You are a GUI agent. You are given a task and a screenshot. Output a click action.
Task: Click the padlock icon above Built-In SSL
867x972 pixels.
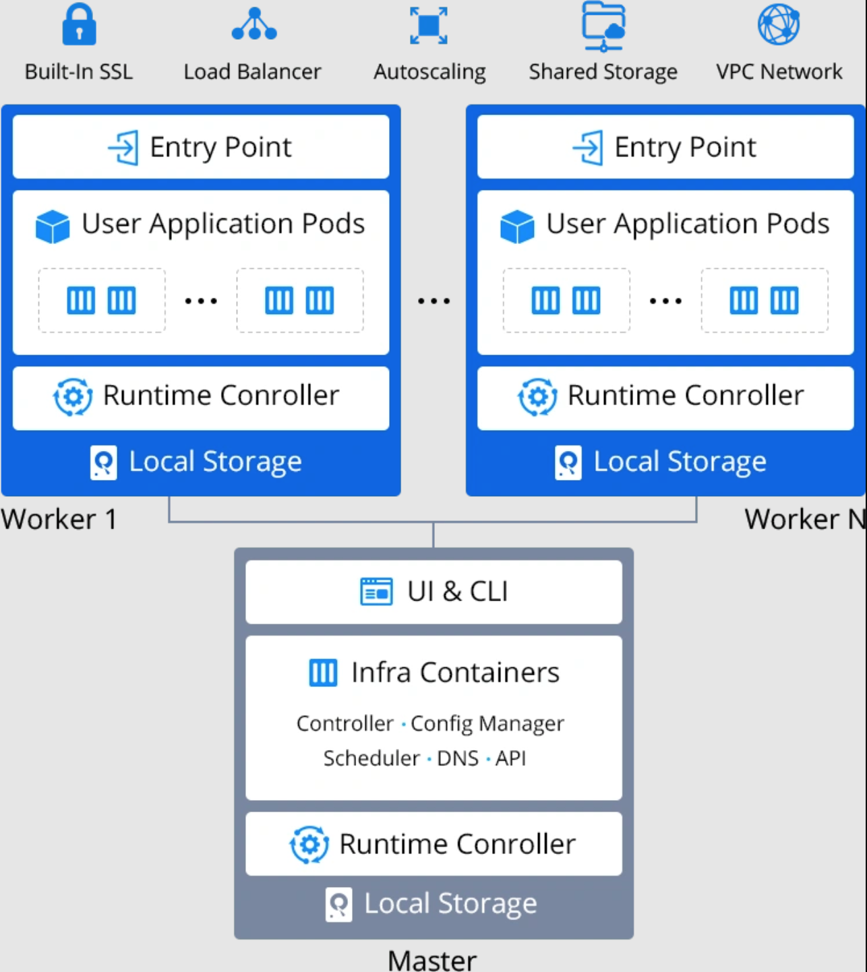coord(79,25)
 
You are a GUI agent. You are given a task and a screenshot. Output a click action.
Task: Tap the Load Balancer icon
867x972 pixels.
coord(254,25)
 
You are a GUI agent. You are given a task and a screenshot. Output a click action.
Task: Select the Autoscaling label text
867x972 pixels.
coord(429,71)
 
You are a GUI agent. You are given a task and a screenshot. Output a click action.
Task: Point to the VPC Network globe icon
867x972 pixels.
coord(779,24)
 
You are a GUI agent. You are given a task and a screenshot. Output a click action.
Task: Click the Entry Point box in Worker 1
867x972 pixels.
coord(201,147)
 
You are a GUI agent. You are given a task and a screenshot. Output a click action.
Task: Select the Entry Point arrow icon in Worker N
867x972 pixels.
coord(588,147)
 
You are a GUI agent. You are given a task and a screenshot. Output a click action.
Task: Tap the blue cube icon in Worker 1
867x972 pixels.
coord(53,226)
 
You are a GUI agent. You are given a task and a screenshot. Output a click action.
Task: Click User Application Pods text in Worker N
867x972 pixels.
coord(687,224)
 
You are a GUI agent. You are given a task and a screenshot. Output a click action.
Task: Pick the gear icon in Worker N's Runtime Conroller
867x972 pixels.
coord(537,397)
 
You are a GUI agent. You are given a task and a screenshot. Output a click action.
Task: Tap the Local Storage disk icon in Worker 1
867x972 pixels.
coord(103,462)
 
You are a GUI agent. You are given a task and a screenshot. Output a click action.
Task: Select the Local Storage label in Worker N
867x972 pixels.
coord(680,462)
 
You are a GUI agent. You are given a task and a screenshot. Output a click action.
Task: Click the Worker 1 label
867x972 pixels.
coord(59,519)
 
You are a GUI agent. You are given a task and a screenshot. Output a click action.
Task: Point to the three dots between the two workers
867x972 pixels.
coord(433,301)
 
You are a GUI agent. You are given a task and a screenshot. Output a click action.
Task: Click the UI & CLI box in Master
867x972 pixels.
coord(433,592)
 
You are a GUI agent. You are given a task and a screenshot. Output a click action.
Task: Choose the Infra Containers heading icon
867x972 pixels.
coord(323,673)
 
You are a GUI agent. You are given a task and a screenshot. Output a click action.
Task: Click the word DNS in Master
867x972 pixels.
coord(458,758)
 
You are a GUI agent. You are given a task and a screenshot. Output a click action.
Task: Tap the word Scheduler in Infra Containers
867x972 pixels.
coord(371,758)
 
